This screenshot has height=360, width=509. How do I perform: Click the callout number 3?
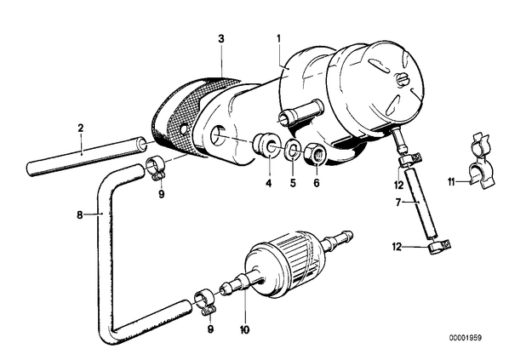221,39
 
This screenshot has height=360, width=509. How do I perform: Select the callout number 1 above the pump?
278,38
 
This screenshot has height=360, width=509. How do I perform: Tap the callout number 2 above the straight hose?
81,128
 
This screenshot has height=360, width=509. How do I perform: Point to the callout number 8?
80,215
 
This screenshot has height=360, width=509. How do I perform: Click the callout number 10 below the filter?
245,330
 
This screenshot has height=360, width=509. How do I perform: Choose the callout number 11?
451,182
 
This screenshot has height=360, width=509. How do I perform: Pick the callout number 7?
398,203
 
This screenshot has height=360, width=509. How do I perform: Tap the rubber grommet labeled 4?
266,144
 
